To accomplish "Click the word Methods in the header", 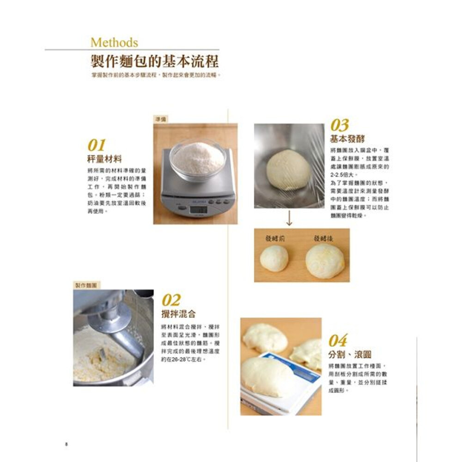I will pos(114,43).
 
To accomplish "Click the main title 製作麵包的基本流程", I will pos(155,61).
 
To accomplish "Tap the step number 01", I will pos(97,146).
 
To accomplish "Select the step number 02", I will pos(171,301).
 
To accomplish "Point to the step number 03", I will pos(340,125).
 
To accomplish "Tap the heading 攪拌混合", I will pos(179,314).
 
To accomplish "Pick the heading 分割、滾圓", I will pos(350,354).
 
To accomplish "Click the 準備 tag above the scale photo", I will pos(161,119).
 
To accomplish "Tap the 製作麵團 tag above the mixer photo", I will pos(87,286).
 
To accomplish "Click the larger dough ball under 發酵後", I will pos(325,261).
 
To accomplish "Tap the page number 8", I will pos(67,444).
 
